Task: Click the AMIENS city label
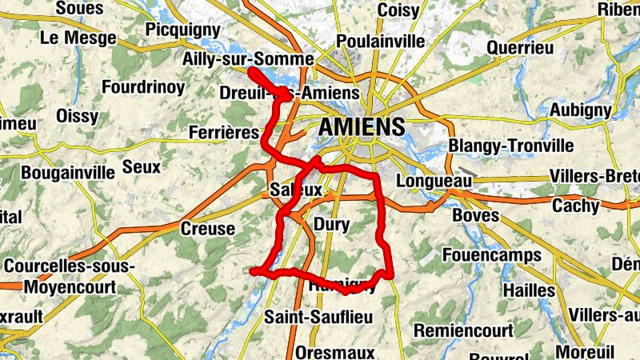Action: point(362,126)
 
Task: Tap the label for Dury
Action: point(332,225)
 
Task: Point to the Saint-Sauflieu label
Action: point(319,317)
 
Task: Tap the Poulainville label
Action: point(380,41)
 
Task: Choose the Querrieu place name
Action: point(520,48)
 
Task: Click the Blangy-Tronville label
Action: point(511,146)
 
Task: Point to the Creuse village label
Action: point(209,229)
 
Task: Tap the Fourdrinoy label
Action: point(143,87)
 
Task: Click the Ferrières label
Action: point(224,131)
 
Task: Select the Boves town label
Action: point(475,216)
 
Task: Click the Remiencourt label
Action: point(463,330)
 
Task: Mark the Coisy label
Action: point(398,10)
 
